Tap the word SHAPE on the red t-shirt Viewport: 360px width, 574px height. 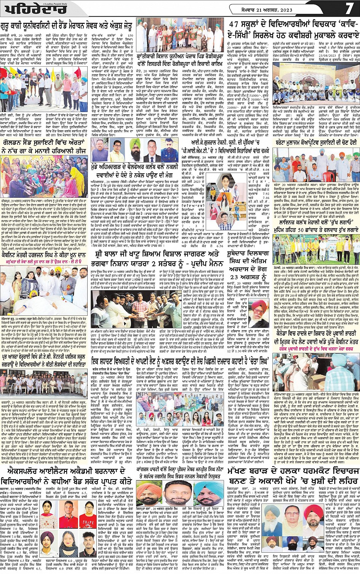click(x=89, y=520)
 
